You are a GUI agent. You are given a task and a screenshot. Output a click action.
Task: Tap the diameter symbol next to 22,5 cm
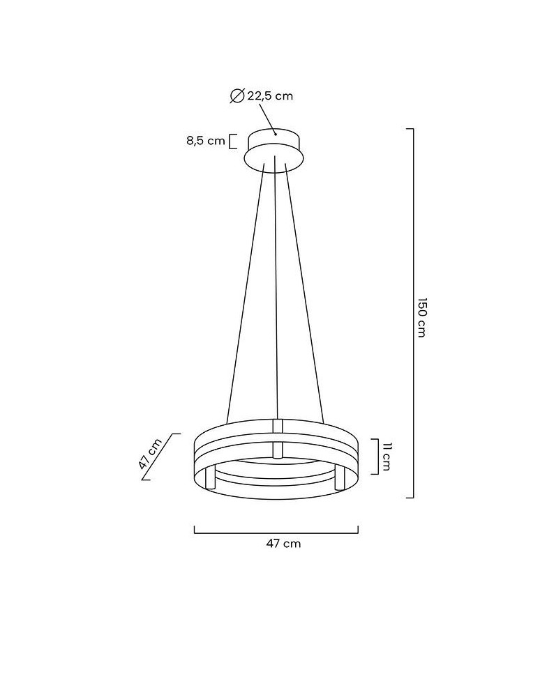pyautogui.click(x=237, y=95)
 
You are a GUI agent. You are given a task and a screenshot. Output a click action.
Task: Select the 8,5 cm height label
pyautogui.click(x=206, y=141)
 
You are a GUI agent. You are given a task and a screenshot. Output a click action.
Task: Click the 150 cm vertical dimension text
pyautogui.click(x=421, y=317)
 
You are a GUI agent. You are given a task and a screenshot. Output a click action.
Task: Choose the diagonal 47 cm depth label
pyautogui.click(x=150, y=454)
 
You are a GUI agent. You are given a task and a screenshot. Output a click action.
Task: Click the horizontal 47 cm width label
pyautogui.click(x=283, y=543)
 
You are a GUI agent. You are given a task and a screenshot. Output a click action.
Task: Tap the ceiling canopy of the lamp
pyautogui.click(x=275, y=150)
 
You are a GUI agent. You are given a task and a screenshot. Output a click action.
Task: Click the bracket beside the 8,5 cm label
pyautogui.click(x=233, y=141)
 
